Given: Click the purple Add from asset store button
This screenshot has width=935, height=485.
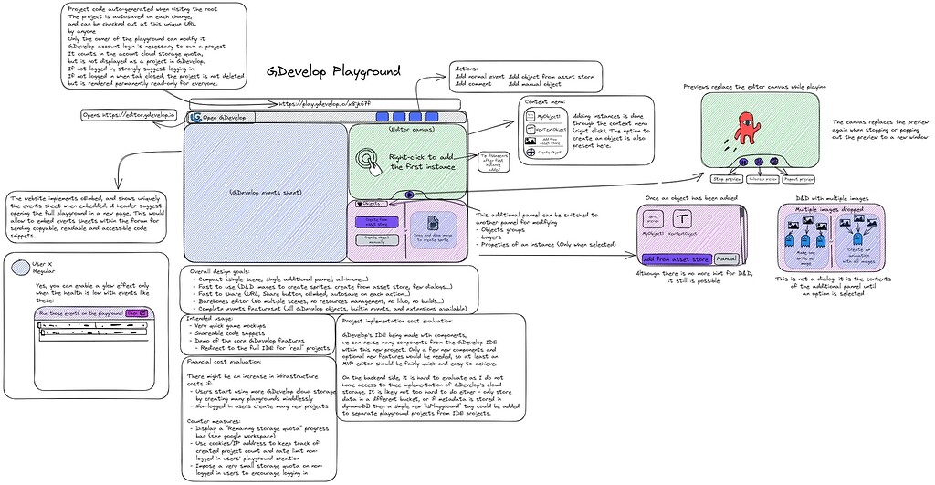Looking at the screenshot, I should pyautogui.click(x=677, y=259).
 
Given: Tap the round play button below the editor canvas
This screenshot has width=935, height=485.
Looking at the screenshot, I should pyautogui.click(x=408, y=195).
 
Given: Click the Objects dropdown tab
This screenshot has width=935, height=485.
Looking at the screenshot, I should pyautogui.click(x=370, y=204).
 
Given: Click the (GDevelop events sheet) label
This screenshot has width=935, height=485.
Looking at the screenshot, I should pyautogui.click(x=264, y=192).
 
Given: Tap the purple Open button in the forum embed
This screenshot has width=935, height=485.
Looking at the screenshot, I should pyautogui.click(x=134, y=311).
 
